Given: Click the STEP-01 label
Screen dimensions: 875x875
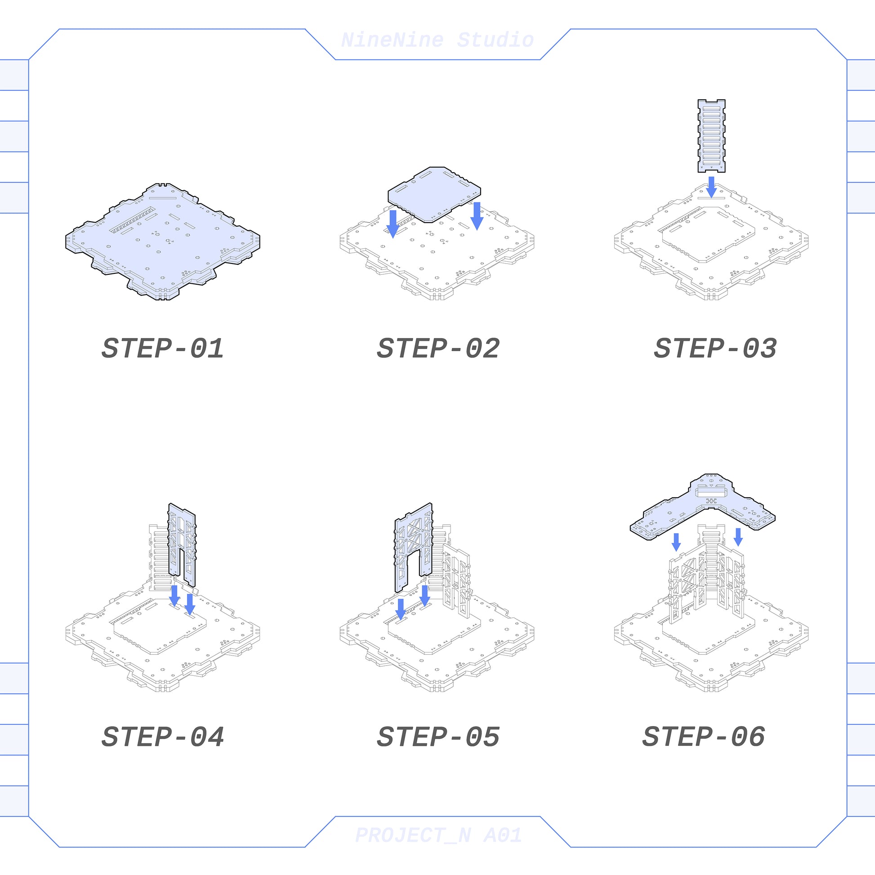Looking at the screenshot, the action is click(x=163, y=348).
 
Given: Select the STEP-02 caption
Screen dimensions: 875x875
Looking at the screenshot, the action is click(x=438, y=348).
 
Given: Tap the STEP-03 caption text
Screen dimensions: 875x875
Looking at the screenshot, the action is click(x=715, y=348).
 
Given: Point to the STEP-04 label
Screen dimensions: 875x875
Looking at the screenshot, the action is click(x=163, y=737).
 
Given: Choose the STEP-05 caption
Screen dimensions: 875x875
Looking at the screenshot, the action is click(x=438, y=737).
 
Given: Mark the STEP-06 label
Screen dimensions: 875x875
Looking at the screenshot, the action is click(x=703, y=737).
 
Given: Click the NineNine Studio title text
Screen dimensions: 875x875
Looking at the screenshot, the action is click(x=437, y=40).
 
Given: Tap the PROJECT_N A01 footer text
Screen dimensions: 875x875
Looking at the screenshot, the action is click(x=438, y=835).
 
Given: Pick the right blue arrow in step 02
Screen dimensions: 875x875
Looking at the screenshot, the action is click(x=477, y=216).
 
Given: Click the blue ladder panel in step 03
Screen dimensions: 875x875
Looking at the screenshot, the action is click(x=711, y=136).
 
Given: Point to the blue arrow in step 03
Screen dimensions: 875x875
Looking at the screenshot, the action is click(x=711, y=187).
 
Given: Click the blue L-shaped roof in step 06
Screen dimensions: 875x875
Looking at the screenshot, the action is click(x=702, y=507).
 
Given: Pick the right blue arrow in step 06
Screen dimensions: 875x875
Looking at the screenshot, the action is click(x=738, y=537).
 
